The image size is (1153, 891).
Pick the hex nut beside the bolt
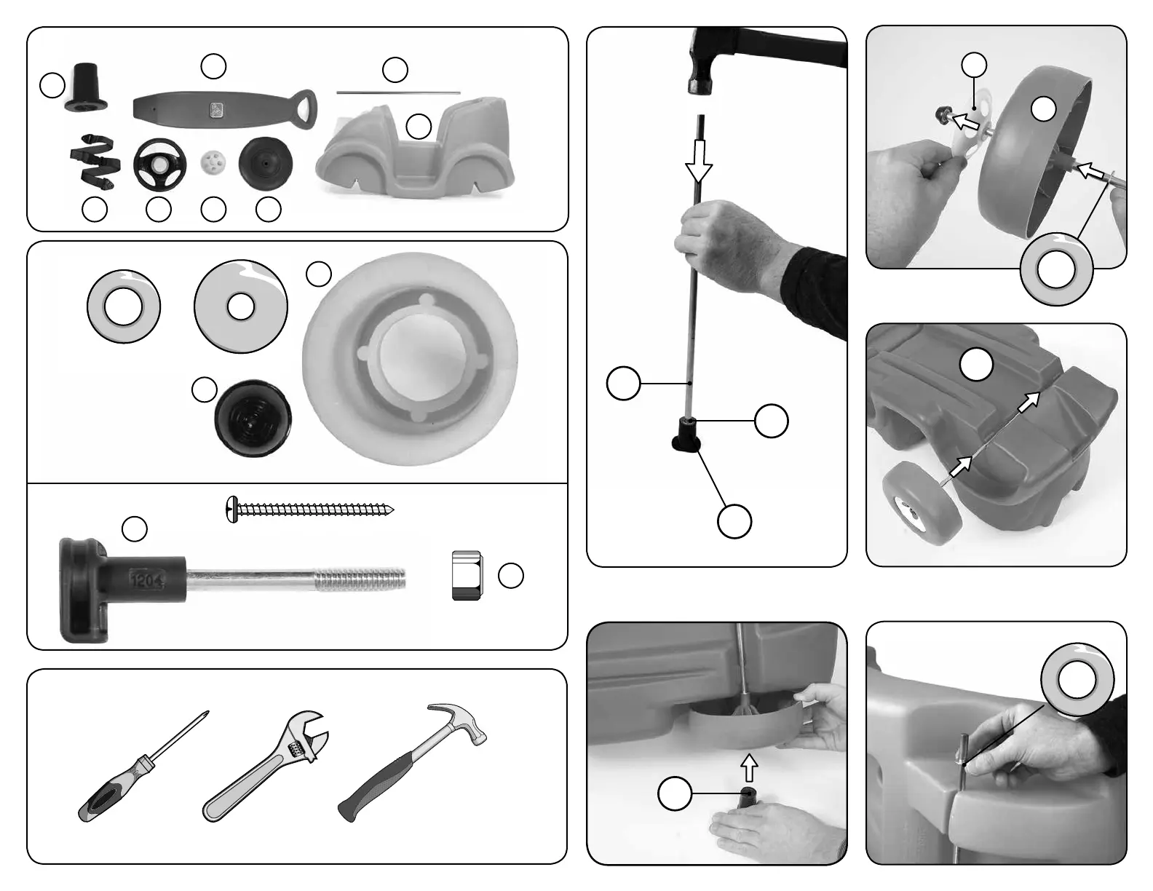coord(466,575)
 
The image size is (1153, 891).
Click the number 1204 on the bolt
coord(148,579)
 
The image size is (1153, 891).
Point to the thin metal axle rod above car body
coord(398,92)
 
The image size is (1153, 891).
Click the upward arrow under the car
coord(748,766)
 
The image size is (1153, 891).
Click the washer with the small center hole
coord(241,306)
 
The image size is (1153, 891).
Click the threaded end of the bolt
coord(361,579)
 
